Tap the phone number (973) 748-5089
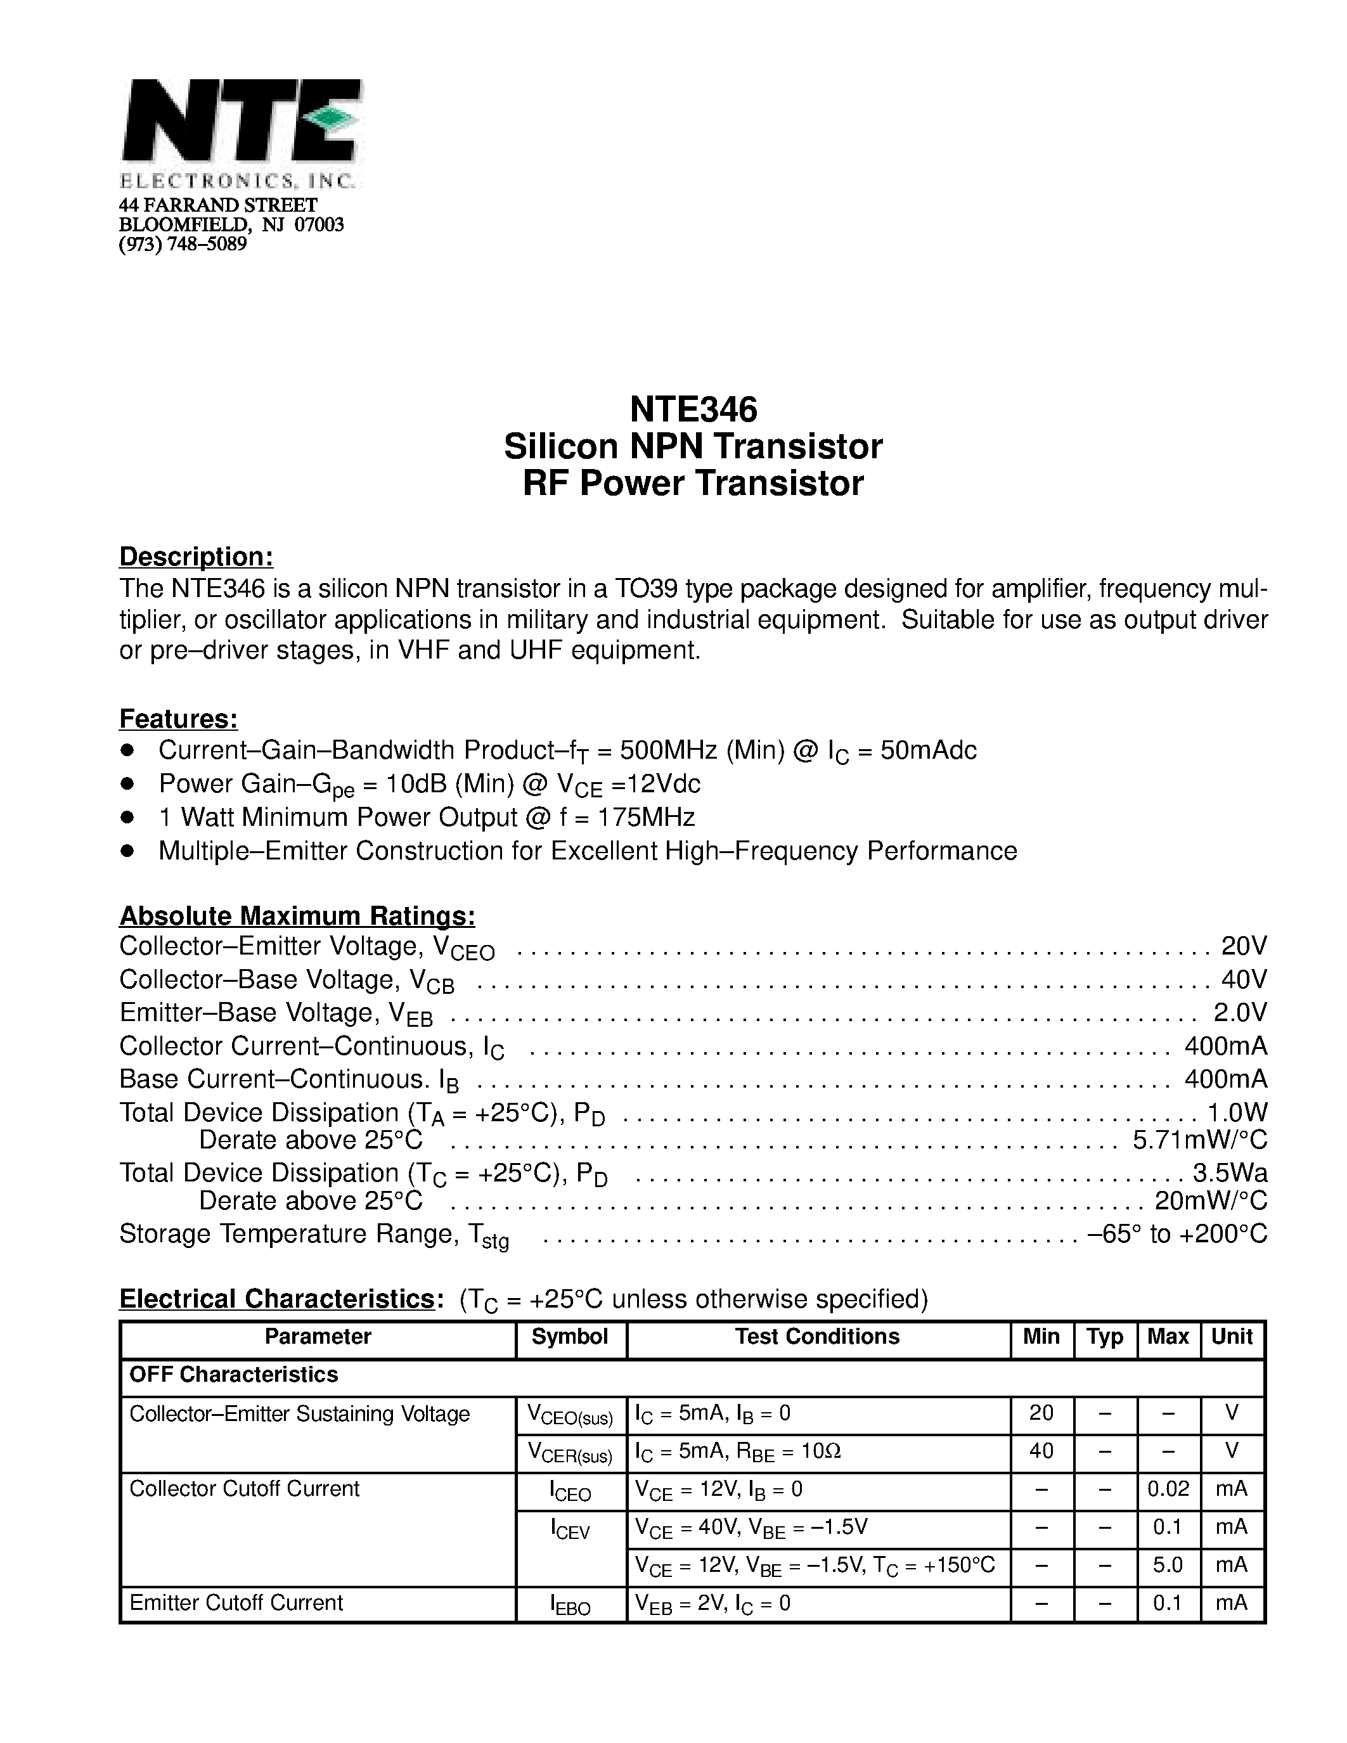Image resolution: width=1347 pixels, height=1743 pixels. (x=183, y=244)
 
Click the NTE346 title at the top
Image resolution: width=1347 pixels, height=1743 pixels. (x=693, y=409)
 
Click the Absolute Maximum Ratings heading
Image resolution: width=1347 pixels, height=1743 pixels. (x=297, y=915)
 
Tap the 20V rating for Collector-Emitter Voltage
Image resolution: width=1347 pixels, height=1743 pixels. (x=1243, y=946)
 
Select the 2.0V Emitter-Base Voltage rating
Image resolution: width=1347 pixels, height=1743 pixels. (x=1240, y=1012)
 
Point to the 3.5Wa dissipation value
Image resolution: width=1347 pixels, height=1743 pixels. (x=1230, y=1173)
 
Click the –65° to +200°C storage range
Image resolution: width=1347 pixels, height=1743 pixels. (x=1177, y=1234)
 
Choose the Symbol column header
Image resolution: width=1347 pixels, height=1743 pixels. (x=570, y=1337)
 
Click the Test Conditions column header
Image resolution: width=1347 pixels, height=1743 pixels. (x=817, y=1337)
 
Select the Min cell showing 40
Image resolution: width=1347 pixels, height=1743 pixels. (x=1041, y=1450)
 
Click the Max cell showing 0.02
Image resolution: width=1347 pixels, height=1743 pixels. (x=1168, y=1488)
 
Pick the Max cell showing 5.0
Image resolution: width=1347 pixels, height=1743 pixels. (x=1168, y=1564)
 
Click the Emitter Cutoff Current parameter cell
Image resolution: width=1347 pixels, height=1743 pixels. (x=236, y=1602)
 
